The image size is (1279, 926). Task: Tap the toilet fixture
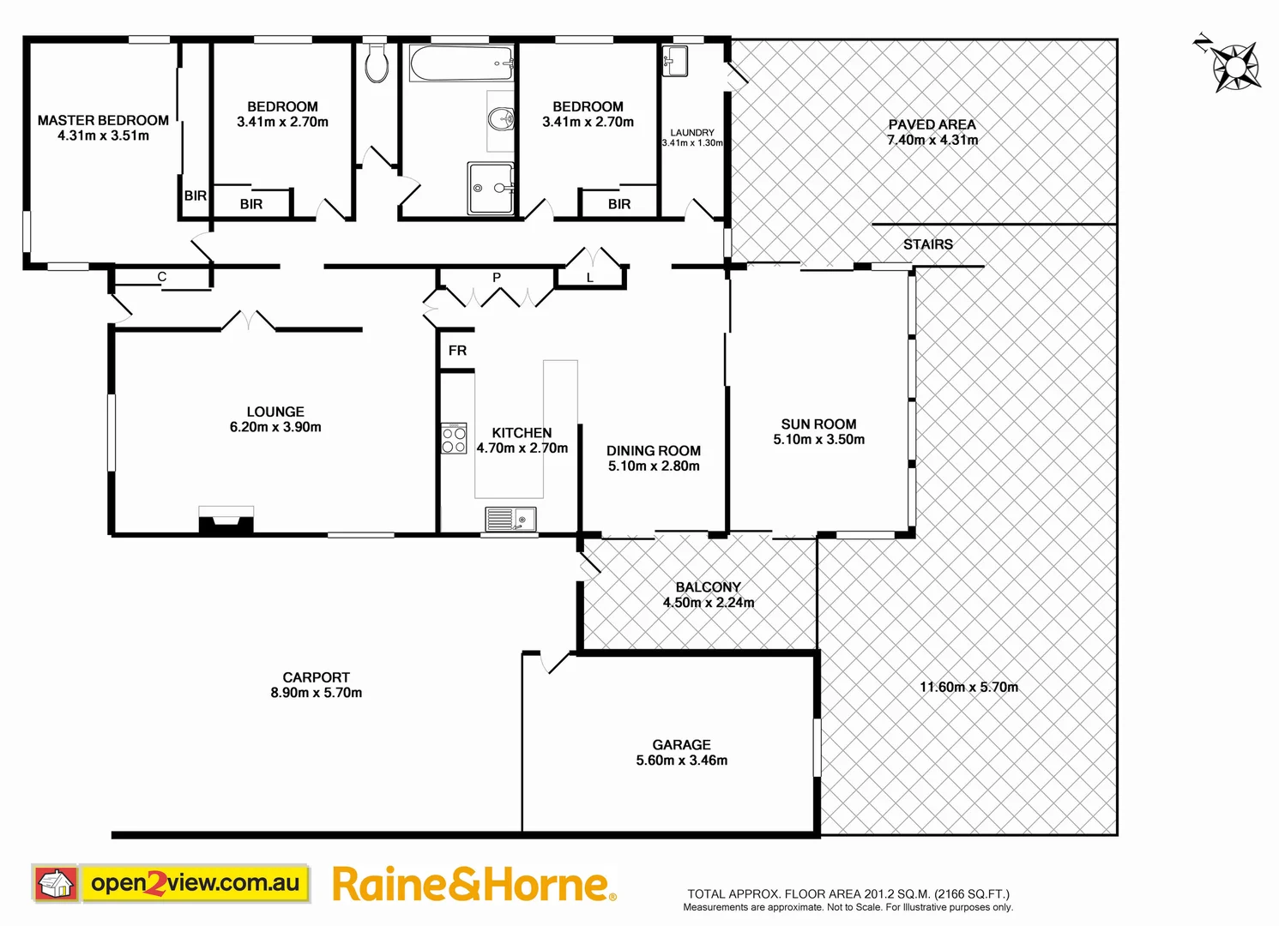376,63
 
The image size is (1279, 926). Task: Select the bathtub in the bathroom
461,63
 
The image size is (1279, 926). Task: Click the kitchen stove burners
454,438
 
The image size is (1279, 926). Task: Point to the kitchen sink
510,519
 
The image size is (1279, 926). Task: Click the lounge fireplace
226,520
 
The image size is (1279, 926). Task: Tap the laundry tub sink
674,61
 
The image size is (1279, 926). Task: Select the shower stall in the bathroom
491,188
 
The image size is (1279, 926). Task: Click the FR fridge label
457,351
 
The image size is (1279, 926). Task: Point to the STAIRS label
927,244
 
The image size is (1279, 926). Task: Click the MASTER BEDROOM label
103,121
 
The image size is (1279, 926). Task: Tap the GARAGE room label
681,745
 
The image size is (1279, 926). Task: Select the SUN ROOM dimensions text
818,440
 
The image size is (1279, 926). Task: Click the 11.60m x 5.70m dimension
968,687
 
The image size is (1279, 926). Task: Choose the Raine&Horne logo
474,885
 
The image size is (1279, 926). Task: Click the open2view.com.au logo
171,883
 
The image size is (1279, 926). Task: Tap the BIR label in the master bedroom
196,196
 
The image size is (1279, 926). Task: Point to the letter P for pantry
497,278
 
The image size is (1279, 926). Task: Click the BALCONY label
708,587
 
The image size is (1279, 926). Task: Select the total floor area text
848,893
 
